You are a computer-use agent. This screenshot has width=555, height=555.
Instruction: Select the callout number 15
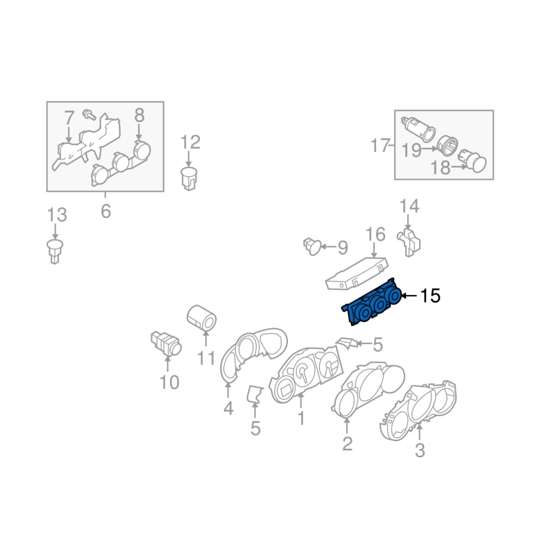(x=430, y=296)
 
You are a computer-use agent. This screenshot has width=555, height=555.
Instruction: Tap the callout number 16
(x=375, y=234)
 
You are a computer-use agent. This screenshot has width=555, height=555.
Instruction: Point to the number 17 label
(x=380, y=146)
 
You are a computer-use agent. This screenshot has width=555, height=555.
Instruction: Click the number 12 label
(x=190, y=143)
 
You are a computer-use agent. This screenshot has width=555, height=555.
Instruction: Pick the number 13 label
(x=57, y=214)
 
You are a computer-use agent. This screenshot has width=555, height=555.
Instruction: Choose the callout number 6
(x=105, y=211)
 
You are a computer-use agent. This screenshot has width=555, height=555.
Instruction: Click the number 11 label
(x=205, y=359)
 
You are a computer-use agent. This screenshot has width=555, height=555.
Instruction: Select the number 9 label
(x=341, y=246)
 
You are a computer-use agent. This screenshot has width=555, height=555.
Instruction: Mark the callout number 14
(x=409, y=206)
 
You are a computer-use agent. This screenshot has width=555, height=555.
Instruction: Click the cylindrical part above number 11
(x=202, y=318)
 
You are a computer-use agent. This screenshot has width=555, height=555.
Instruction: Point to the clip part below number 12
(x=189, y=177)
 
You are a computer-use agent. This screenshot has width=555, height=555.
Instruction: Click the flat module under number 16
(x=356, y=272)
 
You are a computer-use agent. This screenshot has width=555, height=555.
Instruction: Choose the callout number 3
(x=420, y=451)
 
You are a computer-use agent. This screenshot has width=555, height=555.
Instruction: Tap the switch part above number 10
(x=166, y=342)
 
